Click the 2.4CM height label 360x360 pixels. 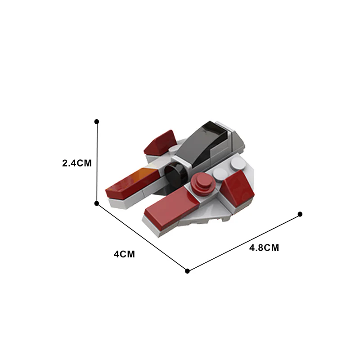(x=77, y=163)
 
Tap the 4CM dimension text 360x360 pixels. (x=124, y=254)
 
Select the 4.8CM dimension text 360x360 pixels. (x=264, y=248)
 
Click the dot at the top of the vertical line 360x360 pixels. (x=97, y=121)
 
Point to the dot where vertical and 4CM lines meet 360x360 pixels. (x=97, y=203)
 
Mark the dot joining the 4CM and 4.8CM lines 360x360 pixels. (x=188, y=271)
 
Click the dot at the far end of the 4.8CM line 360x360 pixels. (x=300, y=214)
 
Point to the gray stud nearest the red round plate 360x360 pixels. (x=220, y=173)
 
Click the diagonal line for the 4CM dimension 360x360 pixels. (x=142, y=237)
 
